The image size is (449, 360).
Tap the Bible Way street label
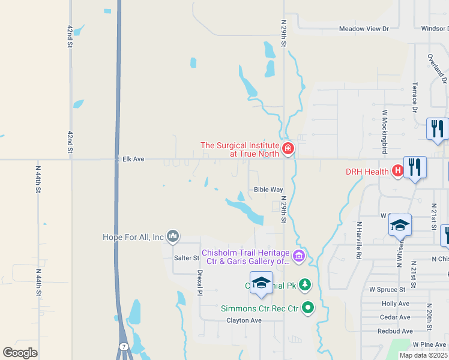(x=268, y=190)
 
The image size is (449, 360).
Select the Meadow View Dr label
(x=364, y=28)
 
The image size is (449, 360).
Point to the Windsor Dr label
(x=434, y=28)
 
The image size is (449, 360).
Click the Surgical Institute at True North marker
(x=288, y=148)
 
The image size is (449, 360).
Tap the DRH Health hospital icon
(x=397, y=172)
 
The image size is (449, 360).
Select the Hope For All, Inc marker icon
(x=173, y=237)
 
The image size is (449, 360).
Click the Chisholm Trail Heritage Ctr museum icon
(x=300, y=256)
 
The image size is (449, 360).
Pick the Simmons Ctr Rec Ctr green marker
(x=308, y=308)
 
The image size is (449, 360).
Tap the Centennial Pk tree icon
(x=305, y=284)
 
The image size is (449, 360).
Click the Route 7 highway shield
(x=123, y=347)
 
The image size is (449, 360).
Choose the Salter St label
(x=186, y=258)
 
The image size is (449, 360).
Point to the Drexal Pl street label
(x=200, y=282)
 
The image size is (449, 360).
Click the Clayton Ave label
(x=244, y=320)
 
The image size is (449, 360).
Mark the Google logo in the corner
(x=20, y=353)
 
